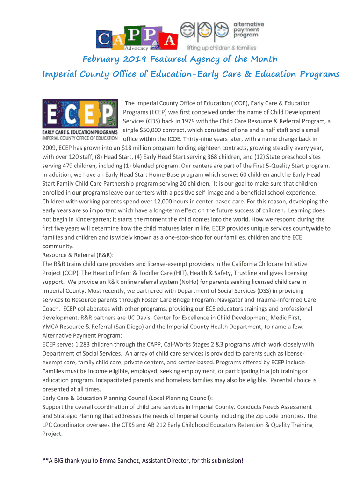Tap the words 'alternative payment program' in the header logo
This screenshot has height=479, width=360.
[249, 30]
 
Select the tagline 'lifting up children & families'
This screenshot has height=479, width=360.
[222, 48]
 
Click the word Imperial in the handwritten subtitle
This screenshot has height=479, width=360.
[61, 74]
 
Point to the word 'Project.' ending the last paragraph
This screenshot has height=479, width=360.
[52, 434]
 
